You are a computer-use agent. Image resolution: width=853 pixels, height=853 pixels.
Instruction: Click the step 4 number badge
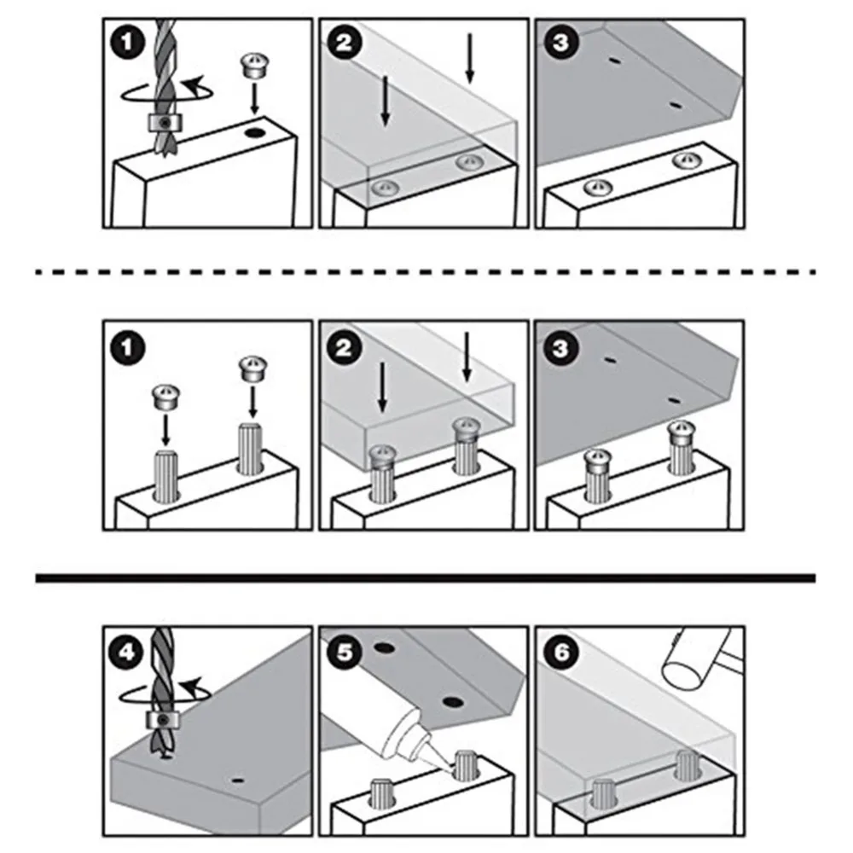(x=126, y=654)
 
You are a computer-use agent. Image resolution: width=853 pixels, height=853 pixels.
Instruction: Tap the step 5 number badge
(x=343, y=654)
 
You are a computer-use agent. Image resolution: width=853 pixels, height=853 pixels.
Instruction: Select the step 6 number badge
(x=558, y=654)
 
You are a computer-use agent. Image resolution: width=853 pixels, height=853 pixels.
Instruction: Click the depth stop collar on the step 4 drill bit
(x=160, y=721)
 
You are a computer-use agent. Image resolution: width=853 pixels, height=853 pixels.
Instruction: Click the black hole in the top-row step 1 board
(x=254, y=133)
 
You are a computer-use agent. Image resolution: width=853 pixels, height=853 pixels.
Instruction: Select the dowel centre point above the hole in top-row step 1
(x=253, y=67)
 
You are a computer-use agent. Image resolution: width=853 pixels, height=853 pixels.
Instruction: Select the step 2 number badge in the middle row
(x=343, y=347)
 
